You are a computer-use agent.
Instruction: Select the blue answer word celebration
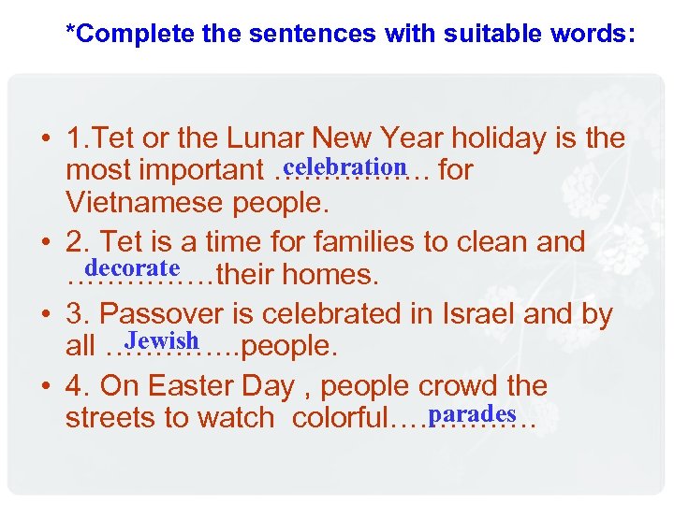[x=344, y=166]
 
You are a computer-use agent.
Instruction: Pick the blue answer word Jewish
[x=163, y=339]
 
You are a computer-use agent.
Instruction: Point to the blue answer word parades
[x=476, y=412]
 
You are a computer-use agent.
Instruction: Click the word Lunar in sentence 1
[x=279, y=138]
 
